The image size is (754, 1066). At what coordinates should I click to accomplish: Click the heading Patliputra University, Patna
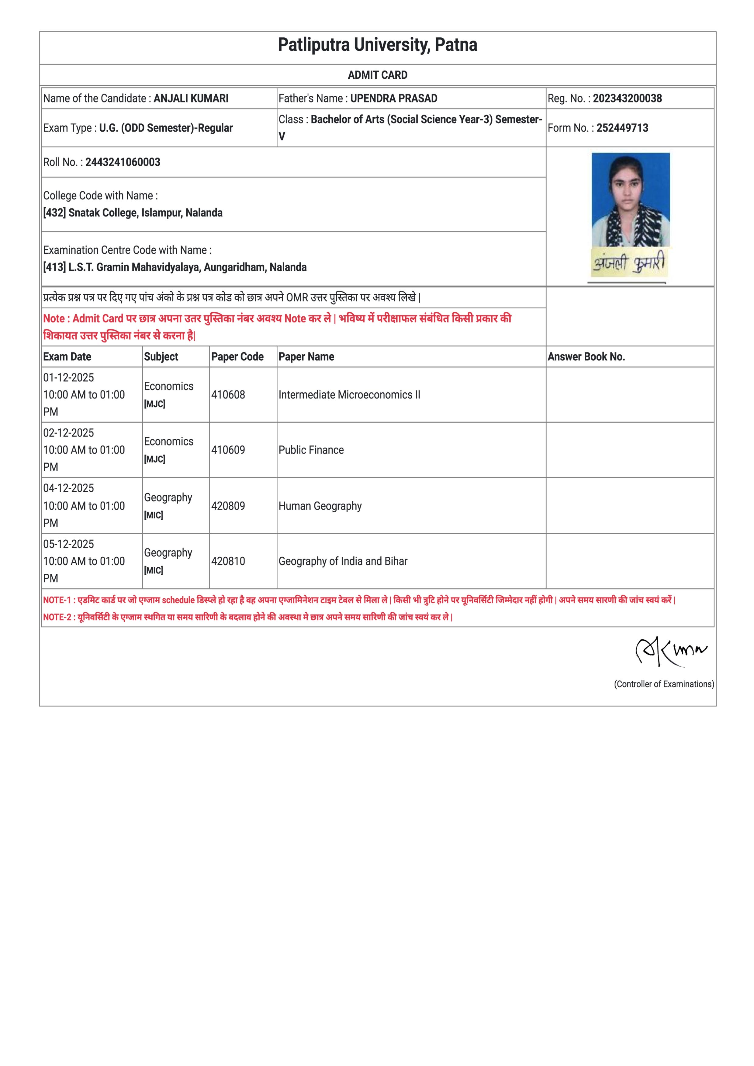[377, 45]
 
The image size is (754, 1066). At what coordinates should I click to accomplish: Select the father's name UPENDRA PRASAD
[393, 98]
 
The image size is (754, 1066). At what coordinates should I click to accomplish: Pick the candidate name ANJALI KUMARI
[191, 98]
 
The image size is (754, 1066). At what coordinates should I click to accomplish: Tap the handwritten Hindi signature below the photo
[628, 263]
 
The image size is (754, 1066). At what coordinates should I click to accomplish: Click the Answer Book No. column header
[586, 356]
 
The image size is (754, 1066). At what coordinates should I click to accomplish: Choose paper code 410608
[228, 395]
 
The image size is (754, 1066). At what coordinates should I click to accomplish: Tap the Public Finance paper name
[311, 450]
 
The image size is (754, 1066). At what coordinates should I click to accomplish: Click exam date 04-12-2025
[69, 488]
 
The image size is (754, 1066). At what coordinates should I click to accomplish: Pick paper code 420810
[228, 561]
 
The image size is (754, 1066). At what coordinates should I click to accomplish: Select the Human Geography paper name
[320, 506]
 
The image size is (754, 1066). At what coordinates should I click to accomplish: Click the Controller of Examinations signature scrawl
[670, 651]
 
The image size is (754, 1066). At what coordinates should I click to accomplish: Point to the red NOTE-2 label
[59, 617]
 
